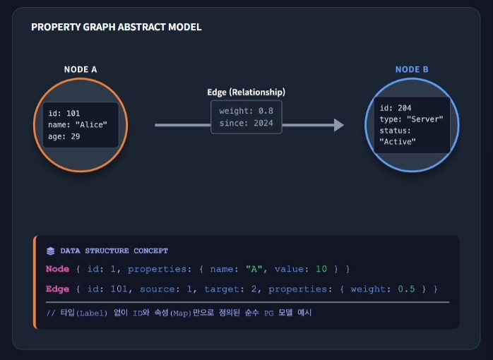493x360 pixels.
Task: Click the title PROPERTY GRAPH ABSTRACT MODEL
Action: (x=117, y=27)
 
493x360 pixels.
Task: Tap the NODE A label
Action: (x=81, y=69)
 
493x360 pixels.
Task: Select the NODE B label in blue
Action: (x=412, y=69)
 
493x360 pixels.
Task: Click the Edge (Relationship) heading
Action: (x=246, y=92)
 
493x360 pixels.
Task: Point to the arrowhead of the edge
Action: (x=339, y=125)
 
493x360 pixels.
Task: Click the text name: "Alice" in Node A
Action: (x=78, y=125)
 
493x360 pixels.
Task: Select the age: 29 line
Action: (x=64, y=136)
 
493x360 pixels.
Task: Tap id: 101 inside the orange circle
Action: (x=64, y=113)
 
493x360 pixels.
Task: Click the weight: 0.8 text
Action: (x=246, y=111)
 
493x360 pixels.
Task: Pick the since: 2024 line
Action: (x=246, y=123)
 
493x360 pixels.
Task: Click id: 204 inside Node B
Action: (x=396, y=108)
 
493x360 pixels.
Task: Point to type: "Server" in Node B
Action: (x=411, y=119)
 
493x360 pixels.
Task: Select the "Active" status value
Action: (x=398, y=142)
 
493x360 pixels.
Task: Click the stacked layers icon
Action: (x=50, y=251)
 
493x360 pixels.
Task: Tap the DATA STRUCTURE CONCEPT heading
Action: (x=114, y=251)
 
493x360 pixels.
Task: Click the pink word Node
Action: (x=57, y=269)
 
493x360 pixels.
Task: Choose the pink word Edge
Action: (x=57, y=289)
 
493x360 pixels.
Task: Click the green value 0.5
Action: (x=406, y=289)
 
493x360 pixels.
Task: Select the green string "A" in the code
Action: (x=254, y=269)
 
